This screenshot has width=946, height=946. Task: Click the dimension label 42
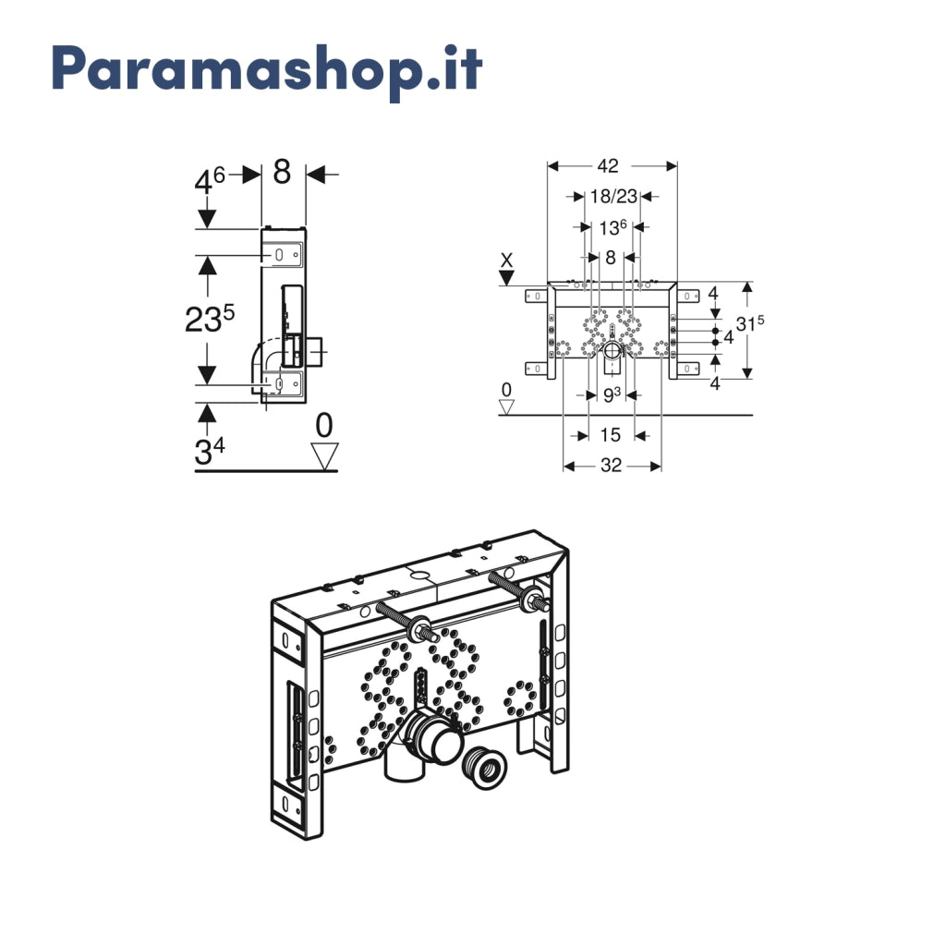point(608,166)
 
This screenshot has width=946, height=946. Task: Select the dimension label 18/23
point(613,196)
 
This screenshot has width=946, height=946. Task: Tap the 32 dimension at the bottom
point(612,466)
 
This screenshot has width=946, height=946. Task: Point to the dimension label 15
point(610,434)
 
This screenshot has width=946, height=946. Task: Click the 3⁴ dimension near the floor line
point(210,451)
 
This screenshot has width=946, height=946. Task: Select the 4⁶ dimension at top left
point(210,180)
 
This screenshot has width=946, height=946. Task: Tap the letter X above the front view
point(507,260)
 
